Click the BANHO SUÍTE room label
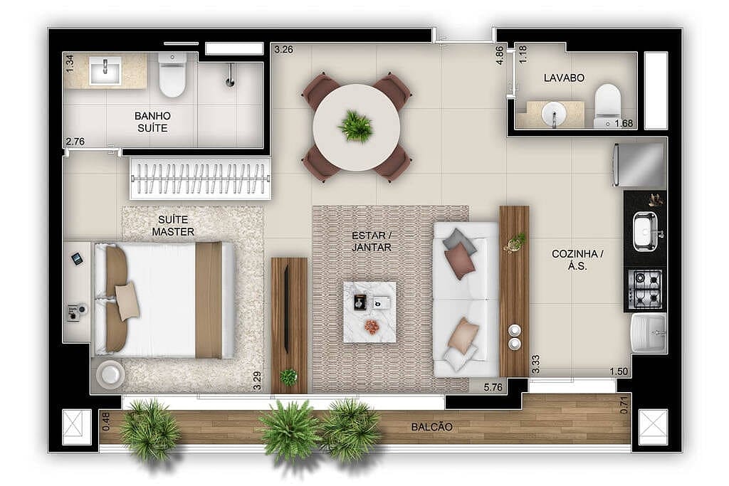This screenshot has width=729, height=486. (x=152, y=122)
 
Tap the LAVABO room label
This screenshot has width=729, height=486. (x=564, y=78)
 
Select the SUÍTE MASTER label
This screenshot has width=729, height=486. (x=172, y=226)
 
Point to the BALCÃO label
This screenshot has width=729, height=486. (x=431, y=427)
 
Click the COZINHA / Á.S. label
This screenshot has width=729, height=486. (x=577, y=260)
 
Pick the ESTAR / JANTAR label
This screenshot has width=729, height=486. (x=372, y=241)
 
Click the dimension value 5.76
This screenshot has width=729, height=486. (x=494, y=387)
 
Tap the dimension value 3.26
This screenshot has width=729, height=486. (x=283, y=50)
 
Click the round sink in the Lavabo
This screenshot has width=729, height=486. (x=552, y=114)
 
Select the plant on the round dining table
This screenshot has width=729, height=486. (x=355, y=126)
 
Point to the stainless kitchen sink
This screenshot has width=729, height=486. (x=646, y=231)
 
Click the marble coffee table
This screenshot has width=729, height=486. (x=369, y=312)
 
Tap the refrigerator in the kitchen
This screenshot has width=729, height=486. (x=639, y=164)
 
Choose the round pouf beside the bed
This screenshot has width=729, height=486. (x=110, y=374)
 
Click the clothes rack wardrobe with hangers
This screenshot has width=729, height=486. (x=200, y=178)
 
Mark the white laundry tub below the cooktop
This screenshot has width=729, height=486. (x=649, y=333)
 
